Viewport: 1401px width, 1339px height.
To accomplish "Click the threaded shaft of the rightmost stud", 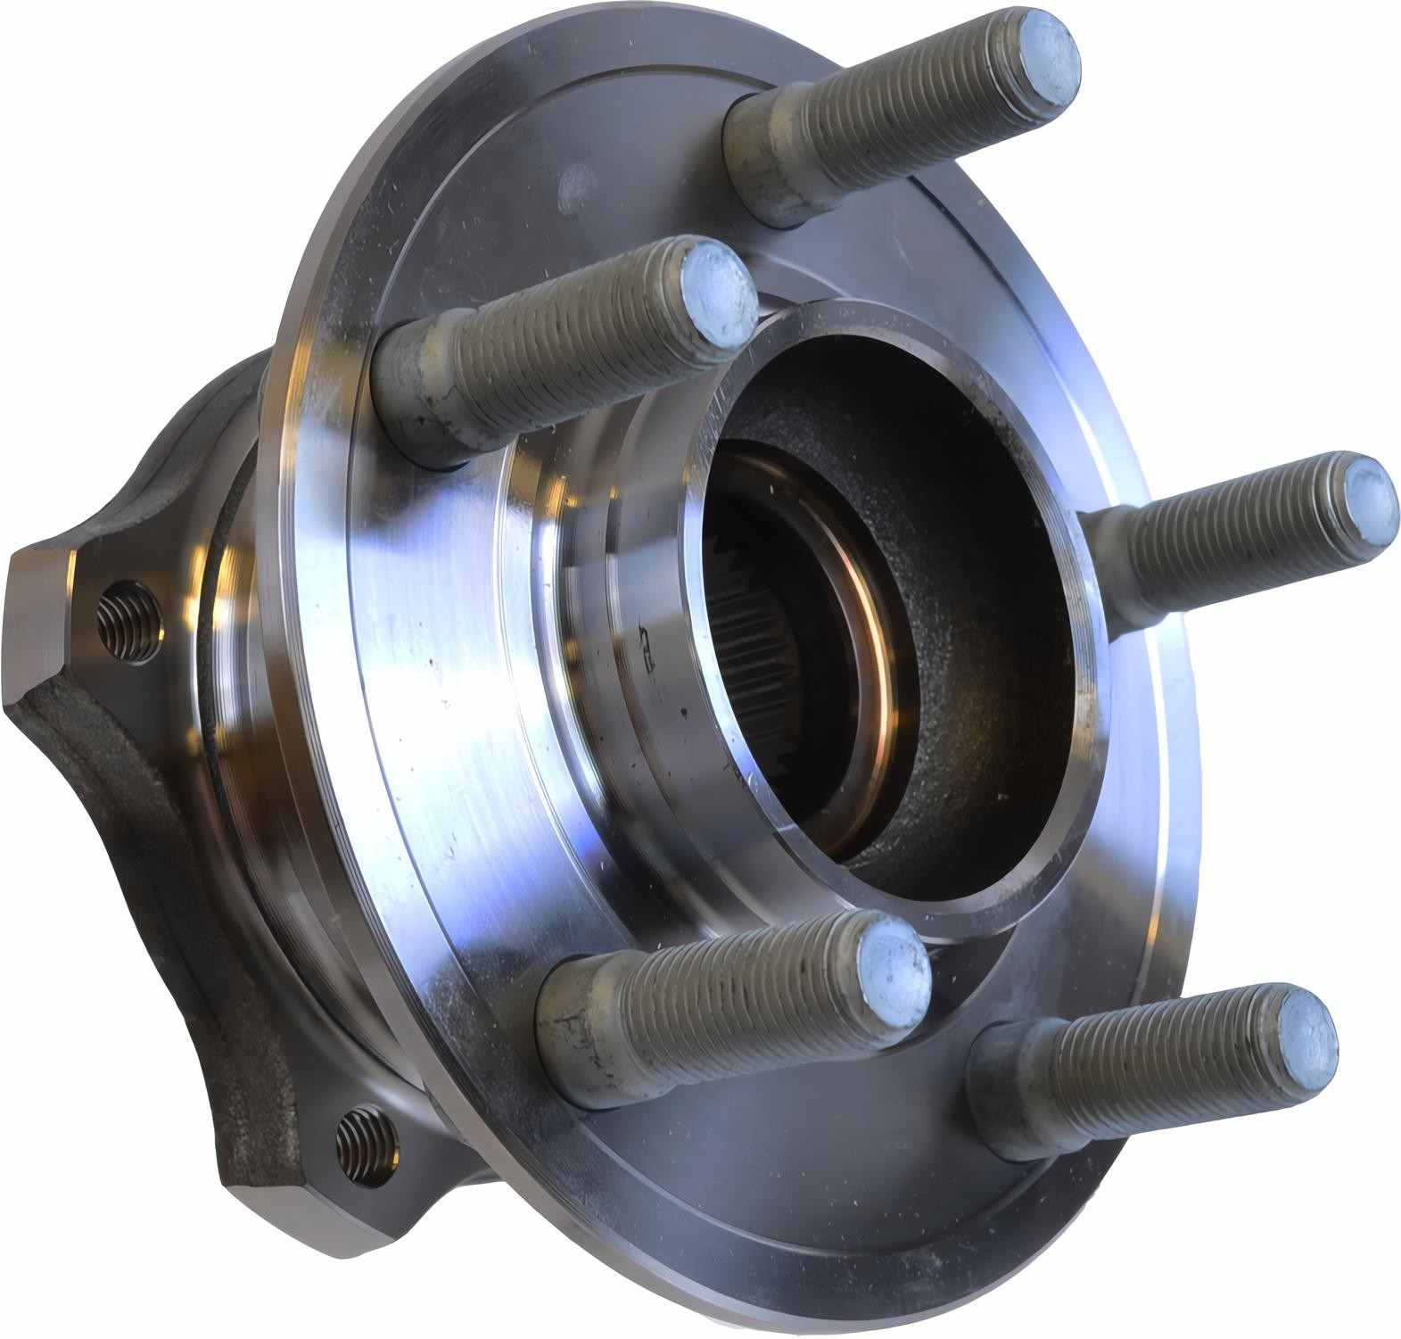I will [x=1231, y=535].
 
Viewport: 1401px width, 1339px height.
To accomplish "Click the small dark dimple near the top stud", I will [x=574, y=188].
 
